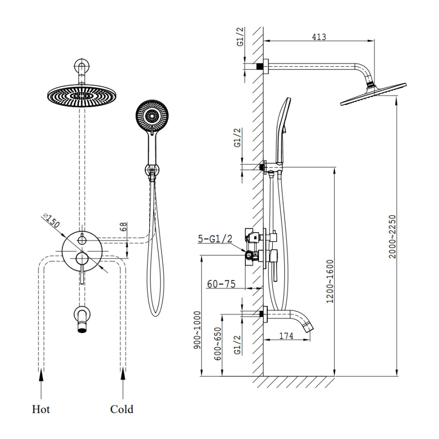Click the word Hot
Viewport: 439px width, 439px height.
click(41, 409)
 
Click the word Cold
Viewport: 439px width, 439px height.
click(121, 409)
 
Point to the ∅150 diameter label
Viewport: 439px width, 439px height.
click(51, 222)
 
